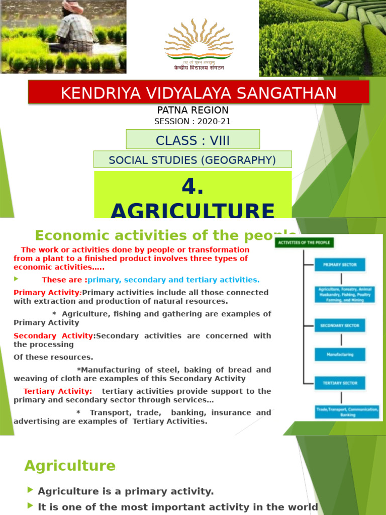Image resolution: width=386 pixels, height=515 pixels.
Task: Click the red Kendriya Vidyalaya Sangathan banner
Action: pos(199,93)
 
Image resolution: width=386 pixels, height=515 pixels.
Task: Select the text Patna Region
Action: pos(193,110)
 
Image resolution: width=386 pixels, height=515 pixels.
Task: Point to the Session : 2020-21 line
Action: pos(192,121)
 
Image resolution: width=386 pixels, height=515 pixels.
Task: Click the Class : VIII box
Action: pos(192,139)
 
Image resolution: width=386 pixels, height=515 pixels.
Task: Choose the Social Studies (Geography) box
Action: pos(192,160)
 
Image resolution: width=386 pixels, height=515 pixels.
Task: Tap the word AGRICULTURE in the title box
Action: pos(192,210)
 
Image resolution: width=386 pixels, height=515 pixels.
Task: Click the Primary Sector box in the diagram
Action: pos(340,265)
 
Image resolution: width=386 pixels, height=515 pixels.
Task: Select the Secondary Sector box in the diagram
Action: pos(340,325)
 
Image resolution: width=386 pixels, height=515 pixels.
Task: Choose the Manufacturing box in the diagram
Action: pos(340,355)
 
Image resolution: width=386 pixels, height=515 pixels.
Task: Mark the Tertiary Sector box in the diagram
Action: pos(340,383)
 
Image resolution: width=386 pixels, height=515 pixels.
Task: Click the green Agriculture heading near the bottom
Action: pos(70,466)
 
